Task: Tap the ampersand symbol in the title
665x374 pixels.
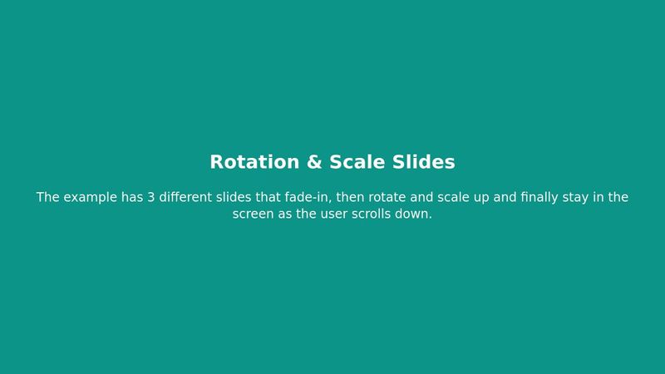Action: click(x=314, y=162)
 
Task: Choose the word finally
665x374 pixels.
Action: click(x=541, y=198)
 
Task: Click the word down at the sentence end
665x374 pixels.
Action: click(x=418, y=214)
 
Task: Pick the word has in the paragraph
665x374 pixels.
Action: click(x=133, y=198)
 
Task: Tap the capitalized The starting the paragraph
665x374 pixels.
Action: click(x=48, y=198)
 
